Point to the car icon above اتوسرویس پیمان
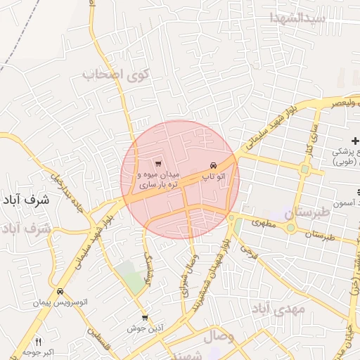60,291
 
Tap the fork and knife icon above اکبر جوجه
39,341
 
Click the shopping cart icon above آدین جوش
145,318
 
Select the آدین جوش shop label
146,328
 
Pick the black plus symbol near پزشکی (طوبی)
354,143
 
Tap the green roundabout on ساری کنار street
304,169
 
